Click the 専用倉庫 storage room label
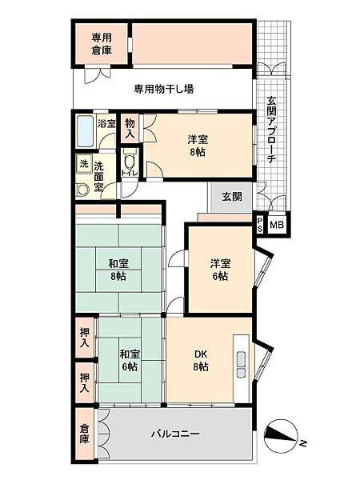(x=100, y=43)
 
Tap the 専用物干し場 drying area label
(x=163, y=89)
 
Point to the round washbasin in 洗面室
(x=82, y=190)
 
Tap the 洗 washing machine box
(x=83, y=164)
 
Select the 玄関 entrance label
(x=232, y=196)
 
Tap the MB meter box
(x=277, y=226)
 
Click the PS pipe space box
(x=259, y=226)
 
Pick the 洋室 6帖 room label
(x=221, y=270)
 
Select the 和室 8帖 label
(x=120, y=270)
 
